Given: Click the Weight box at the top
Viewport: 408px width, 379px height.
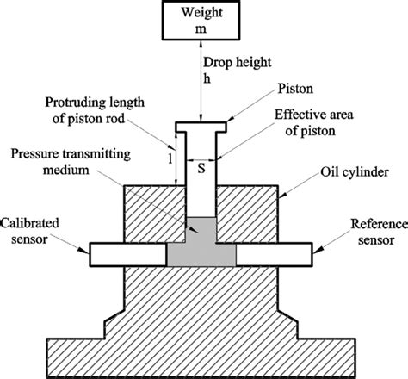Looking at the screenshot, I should click(x=201, y=22).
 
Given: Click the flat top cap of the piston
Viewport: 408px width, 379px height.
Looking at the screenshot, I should click(x=201, y=127).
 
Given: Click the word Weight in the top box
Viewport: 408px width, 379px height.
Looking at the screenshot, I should click(x=201, y=15).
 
